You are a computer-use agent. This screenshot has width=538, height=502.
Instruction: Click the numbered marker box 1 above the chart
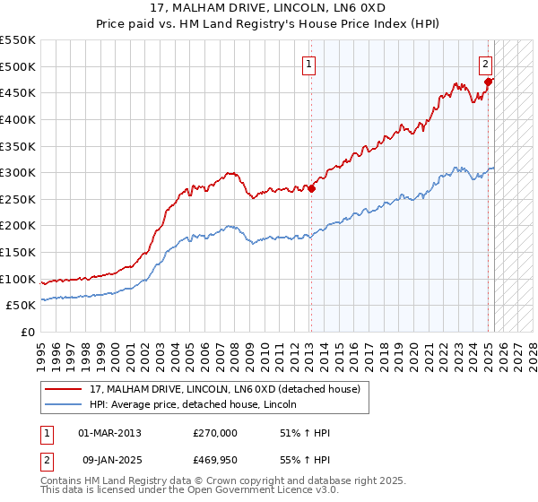[308, 64]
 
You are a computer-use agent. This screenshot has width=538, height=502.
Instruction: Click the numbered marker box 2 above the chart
[485, 64]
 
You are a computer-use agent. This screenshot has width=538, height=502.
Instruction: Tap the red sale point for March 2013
[311, 188]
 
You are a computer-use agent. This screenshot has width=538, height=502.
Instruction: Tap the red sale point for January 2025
[489, 82]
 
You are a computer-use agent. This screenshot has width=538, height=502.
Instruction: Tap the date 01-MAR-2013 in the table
[109, 433]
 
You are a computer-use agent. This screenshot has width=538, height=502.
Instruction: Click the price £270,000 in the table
[215, 433]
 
